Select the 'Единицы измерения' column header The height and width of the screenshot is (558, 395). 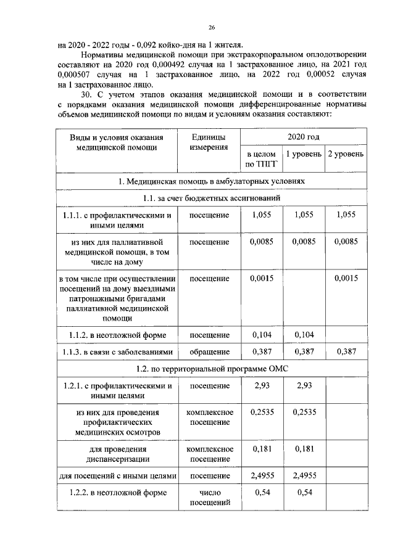point(208,142)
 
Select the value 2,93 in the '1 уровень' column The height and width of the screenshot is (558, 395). point(303,385)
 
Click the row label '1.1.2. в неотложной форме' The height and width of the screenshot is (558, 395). point(117,335)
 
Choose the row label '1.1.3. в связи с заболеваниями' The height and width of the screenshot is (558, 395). point(117,351)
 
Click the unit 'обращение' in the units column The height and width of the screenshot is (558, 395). point(208,351)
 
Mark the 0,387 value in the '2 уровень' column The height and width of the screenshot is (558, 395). point(346,351)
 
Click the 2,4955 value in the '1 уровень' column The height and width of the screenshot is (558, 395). point(303,475)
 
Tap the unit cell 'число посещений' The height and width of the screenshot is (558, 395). point(208,498)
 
